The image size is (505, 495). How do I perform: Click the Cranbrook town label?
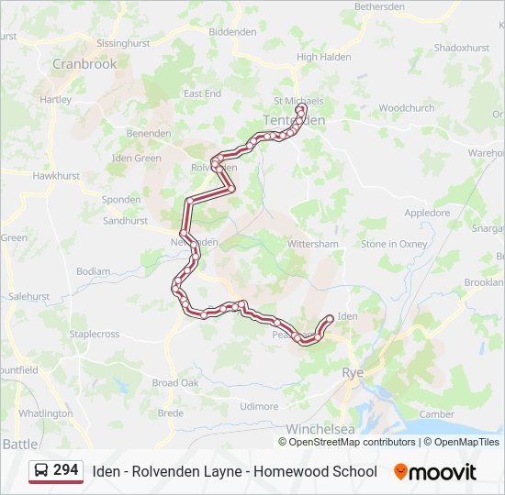[84, 64]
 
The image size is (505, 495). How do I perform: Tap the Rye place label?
[353, 372]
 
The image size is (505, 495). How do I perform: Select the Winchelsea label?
[320, 429]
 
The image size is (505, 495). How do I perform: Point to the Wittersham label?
[313, 244]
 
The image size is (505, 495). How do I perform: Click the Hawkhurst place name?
[56, 175]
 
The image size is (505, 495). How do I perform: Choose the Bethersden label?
[379, 6]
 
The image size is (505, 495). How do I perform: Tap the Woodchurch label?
[406, 107]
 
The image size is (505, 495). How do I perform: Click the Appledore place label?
[427, 213]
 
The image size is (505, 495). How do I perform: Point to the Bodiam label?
[93, 271]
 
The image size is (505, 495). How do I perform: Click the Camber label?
[436, 414]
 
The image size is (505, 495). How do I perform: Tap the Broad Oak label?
[175, 383]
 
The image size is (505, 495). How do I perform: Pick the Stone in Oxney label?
[394, 244]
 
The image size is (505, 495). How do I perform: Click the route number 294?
[65, 470]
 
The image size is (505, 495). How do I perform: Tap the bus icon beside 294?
[41, 471]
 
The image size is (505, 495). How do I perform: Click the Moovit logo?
[435, 472]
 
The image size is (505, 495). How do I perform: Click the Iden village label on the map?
[347, 316]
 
